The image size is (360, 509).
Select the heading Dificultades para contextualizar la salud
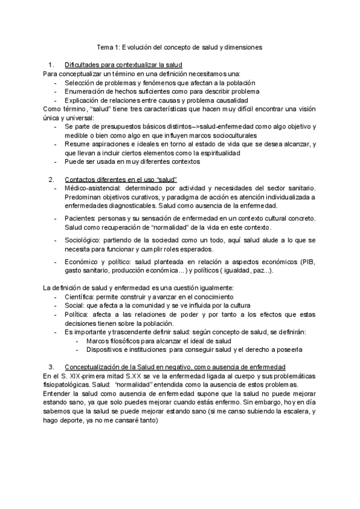(123, 64)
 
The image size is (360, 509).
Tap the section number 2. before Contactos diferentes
(51, 179)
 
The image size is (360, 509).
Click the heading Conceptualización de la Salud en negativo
(167, 367)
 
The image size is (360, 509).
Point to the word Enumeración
(87, 91)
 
